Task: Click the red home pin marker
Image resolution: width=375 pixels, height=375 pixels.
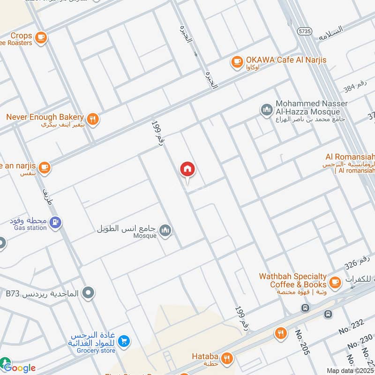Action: pyautogui.click(x=187, y=169)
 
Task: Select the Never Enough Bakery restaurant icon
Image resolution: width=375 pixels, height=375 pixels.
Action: pyautogui.click(x=93, y=119)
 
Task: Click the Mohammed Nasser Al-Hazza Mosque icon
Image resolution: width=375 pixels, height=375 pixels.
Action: pyautogui.click(x=266, y=111)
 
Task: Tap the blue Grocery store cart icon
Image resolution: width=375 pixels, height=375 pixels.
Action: pyautogui.click(x=124, y=341)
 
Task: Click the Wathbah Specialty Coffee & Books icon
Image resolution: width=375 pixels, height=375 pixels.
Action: pyautogui.click(x=335, y=282)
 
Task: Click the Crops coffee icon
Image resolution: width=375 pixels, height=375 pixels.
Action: pyautogui.click(x=41, y=36)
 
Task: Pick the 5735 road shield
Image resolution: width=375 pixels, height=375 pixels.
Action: pyautogui.click(x=304, y=30)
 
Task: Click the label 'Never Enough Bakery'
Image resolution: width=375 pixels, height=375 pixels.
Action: pyautogui.click(x=45, y=117)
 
